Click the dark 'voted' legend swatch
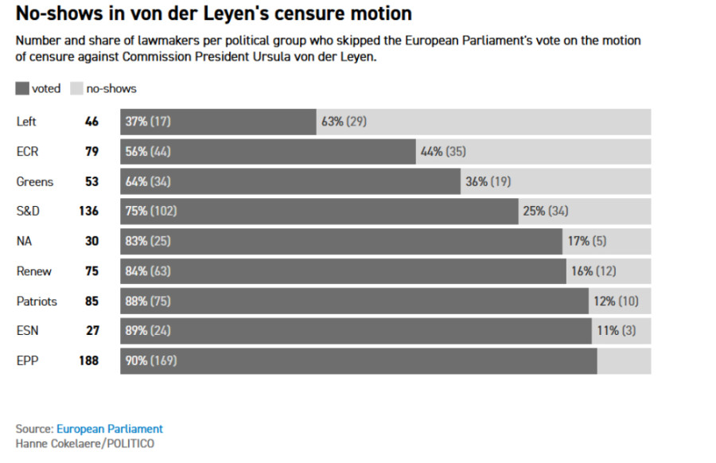21,88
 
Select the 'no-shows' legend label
111,88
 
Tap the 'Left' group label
26,122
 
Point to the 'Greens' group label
35,181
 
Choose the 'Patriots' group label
37,302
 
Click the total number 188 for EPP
88,360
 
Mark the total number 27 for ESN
92,331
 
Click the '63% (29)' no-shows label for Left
344,122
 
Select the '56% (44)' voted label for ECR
148,152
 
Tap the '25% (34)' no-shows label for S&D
545,211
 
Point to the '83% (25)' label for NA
148,241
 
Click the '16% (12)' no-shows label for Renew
593,271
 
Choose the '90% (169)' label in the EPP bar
151,360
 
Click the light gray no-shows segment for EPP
624,360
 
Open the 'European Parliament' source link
110,429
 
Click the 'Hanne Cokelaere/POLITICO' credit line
85,443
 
